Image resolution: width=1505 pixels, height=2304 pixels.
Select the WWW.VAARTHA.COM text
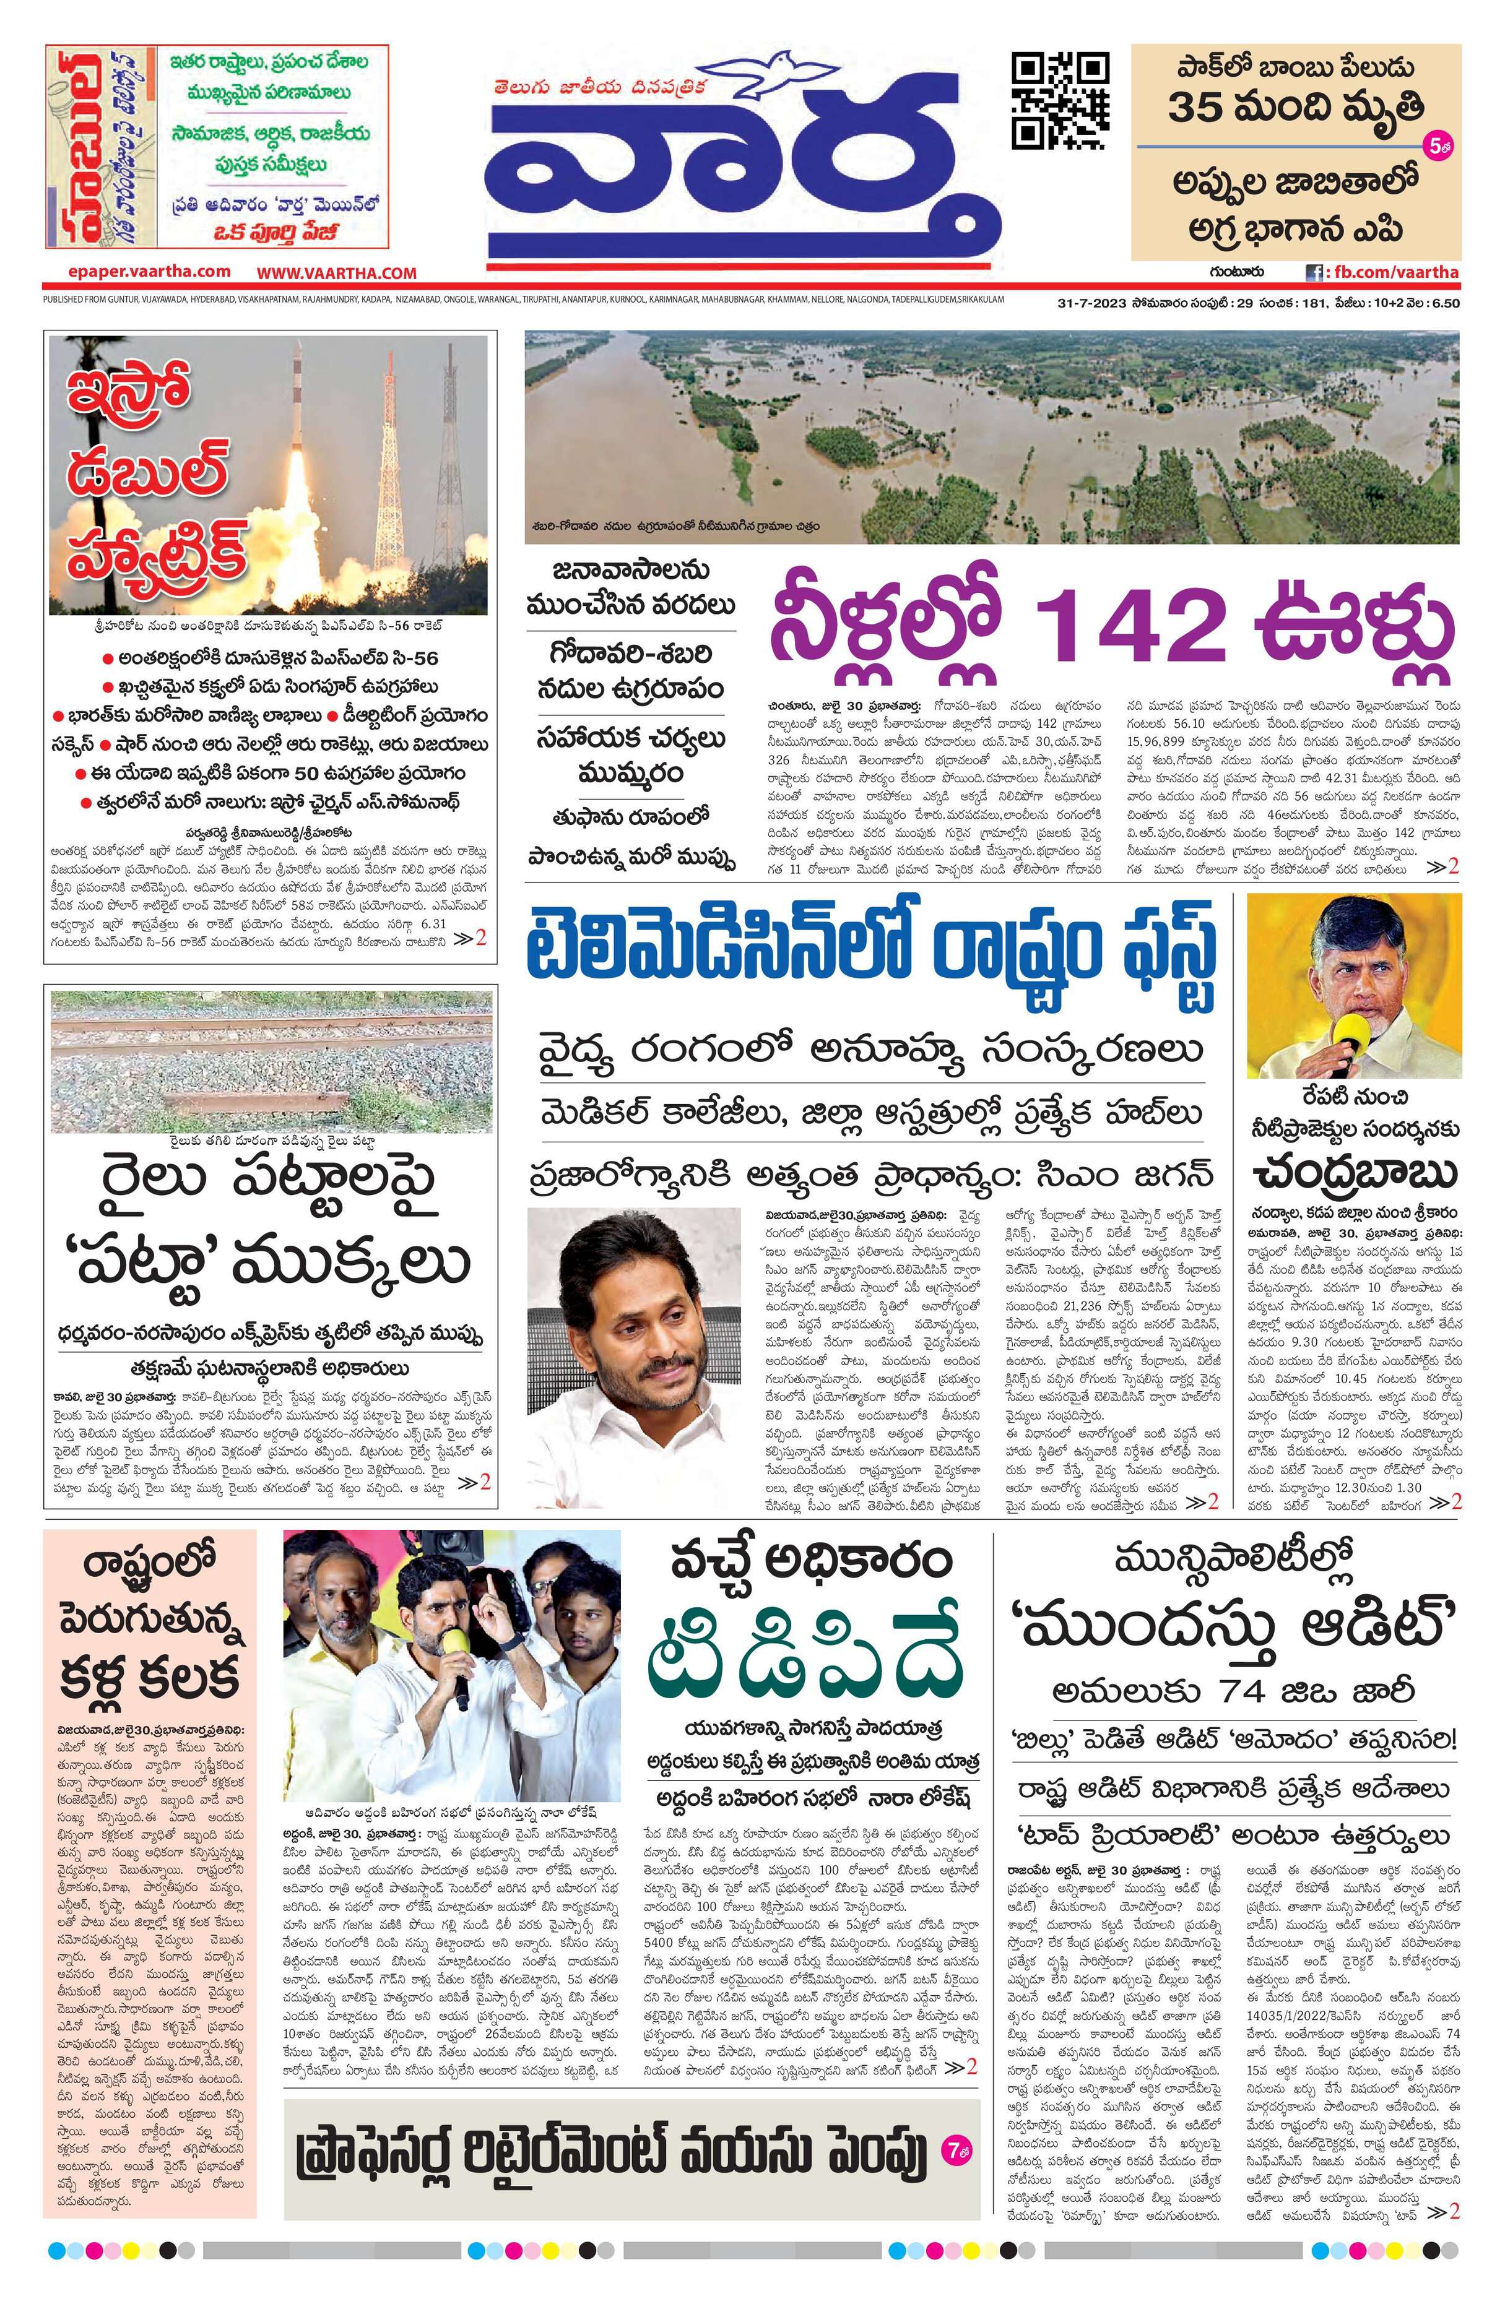tap(336, 273)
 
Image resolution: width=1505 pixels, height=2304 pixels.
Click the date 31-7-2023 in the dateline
tap(1093, 303)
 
